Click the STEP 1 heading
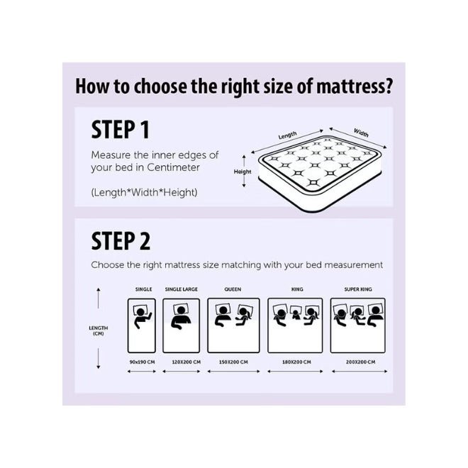(120, 130)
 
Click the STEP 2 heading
(121, 241)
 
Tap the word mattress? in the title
(355, 86)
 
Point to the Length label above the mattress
(287, 135)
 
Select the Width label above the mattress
(361, 133)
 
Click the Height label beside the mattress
(243, 172)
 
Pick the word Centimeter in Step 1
(173, 167)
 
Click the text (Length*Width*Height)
(144, 192)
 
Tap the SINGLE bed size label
(143, 289)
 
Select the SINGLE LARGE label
(181, 289)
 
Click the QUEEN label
(233, 289)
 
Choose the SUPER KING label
(358, 289)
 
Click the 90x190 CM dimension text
(142, 362)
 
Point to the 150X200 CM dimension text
(233, 362)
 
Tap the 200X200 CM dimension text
(360, 362)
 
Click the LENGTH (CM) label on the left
(98, 330)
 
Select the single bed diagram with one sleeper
(142, 325)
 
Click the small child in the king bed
(296, 314)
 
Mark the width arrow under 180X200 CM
(295, 372)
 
